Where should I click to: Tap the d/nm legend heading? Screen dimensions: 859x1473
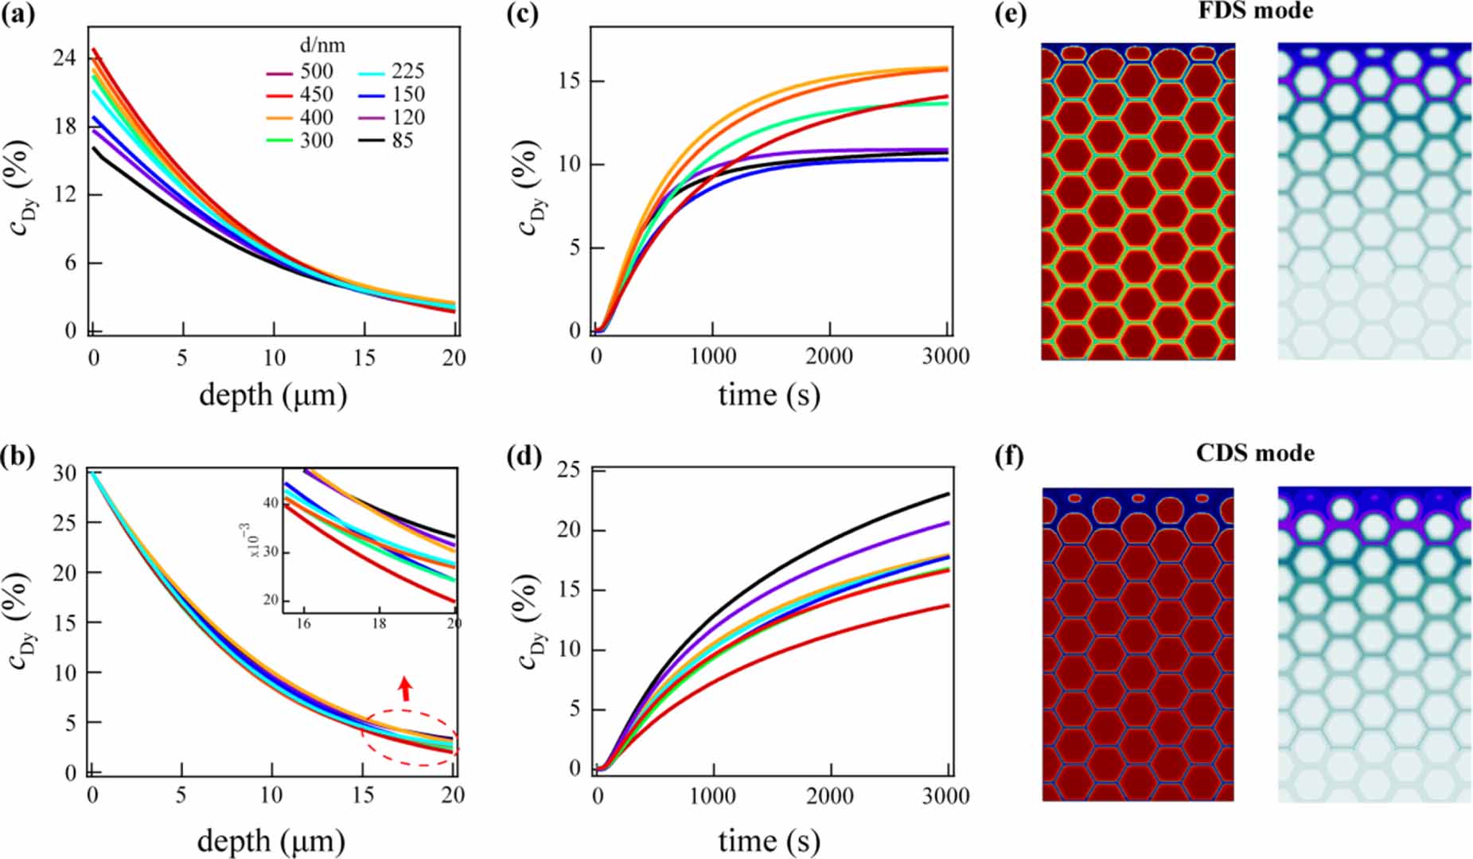point(322,45)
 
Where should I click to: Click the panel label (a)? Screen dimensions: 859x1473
point(18,14)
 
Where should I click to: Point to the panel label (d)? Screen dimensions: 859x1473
point(524,456)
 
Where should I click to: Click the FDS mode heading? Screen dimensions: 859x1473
point(1255,11)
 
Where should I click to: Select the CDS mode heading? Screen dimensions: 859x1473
point(1255,453)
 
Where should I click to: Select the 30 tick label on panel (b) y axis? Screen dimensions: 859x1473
point(64,473)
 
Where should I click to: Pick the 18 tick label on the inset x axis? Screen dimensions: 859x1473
point(379,623)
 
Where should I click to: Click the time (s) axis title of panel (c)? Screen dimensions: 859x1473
point(768,394)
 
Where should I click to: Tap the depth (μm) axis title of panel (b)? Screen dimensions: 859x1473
point(271,841)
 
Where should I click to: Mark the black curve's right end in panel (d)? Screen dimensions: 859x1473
point(948,494)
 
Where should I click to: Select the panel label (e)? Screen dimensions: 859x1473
point(1011,14)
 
